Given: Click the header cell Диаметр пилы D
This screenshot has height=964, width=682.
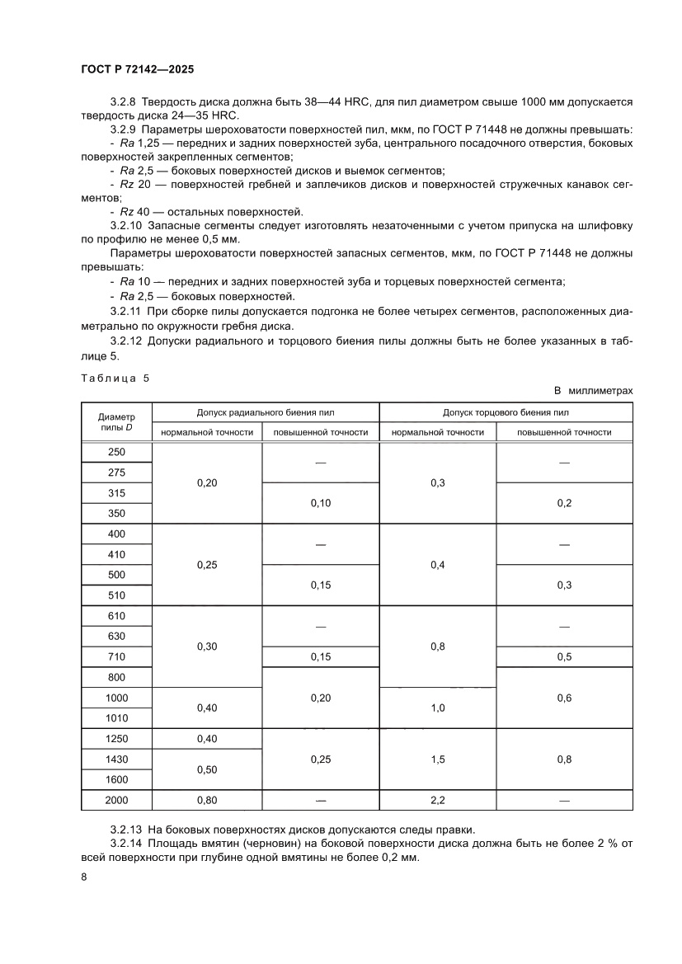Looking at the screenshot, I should [116, 422].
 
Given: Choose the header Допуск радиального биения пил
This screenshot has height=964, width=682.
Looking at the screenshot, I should [265, 411].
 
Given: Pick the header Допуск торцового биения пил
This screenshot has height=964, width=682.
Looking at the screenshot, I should [506, 411].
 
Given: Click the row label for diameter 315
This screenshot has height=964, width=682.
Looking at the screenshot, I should [116, 493].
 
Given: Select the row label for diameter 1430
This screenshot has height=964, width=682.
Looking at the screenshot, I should [116, 759].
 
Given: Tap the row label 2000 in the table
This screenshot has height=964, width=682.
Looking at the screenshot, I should [116, 800].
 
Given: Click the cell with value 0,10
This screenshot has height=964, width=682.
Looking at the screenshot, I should [320, 503].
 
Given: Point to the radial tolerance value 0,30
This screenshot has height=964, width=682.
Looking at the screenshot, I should [207, 647].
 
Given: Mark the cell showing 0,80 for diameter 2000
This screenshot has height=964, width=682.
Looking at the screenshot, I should [207, 800].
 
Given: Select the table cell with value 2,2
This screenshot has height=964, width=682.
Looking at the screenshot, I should [437, 800].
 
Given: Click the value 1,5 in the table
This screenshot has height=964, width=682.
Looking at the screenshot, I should [437, 759].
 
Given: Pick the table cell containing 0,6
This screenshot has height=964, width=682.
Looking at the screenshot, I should [564, 698].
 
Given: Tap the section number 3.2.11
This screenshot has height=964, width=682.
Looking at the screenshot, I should [126, 313].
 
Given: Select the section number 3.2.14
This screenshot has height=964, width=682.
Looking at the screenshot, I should [126, 843].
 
